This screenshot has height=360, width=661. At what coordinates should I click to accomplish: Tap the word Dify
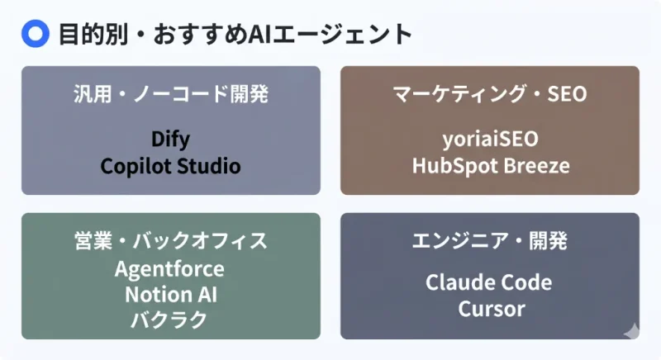(170, 138)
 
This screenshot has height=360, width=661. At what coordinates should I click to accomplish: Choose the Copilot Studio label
(170, 166)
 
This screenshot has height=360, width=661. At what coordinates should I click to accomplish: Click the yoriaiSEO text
(490, 138)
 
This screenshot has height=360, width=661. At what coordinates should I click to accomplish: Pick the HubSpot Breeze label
(490, 165)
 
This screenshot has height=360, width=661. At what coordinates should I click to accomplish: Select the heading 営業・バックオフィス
(170, 241)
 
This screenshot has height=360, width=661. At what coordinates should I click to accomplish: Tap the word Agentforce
(170, 269)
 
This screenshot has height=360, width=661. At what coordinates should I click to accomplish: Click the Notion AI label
(170, 294)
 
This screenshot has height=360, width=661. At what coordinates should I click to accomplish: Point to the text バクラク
(170, 319)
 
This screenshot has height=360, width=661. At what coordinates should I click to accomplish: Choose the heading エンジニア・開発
(489, 241)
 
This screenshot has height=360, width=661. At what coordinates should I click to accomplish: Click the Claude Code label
(489, 282)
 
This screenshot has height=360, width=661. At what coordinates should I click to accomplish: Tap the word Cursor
(489, 310)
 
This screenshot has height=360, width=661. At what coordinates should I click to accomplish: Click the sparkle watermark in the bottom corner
(631, 329)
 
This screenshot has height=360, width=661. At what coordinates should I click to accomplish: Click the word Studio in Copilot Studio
(207, 166)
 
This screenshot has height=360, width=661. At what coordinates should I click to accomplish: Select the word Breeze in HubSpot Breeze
(537, 165)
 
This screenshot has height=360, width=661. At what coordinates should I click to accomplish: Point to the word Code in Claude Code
(525, 282)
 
